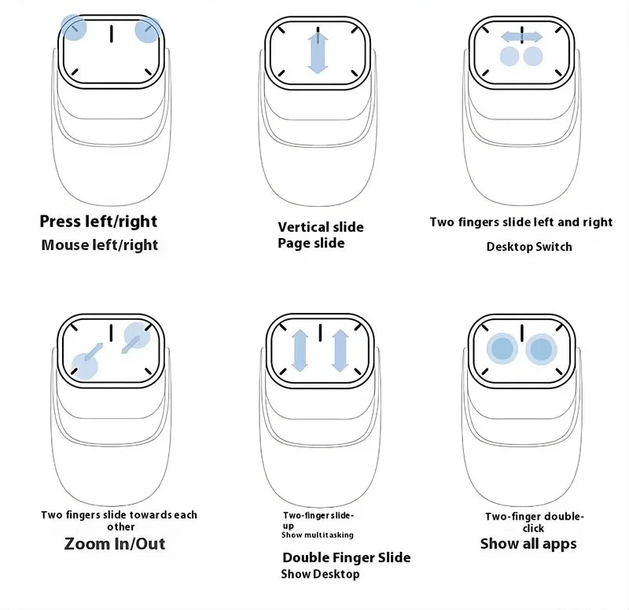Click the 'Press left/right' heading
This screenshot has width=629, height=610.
[x=98, y=221]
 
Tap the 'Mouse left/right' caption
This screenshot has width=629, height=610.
[x=99, y=244]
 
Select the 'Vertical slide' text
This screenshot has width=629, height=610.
[x=320, y=227]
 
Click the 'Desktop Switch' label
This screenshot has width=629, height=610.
[x=529, y=246]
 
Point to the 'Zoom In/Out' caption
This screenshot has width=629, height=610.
[x=115, y=543]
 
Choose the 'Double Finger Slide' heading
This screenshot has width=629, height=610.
[x=346, y=557]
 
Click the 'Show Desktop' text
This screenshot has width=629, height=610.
[x=320, y=574]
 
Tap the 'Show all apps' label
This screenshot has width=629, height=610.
[x=528, y=543]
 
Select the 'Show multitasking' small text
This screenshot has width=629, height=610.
[x=317, y=535]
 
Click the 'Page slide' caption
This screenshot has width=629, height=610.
[x=311, y=243]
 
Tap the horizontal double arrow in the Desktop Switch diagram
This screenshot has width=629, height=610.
[x=521, y=36]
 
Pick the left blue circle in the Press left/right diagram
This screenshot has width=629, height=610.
[x=74, y=29]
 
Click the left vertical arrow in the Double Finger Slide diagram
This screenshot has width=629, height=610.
[x=300, y=350]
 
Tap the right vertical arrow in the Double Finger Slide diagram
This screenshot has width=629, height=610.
[x=340, y=350]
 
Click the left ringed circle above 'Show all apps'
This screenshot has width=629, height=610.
[x=501, y=348]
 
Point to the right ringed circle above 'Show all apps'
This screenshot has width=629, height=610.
[x=541, y=349]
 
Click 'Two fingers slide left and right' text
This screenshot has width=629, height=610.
[x=520, y=222]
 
